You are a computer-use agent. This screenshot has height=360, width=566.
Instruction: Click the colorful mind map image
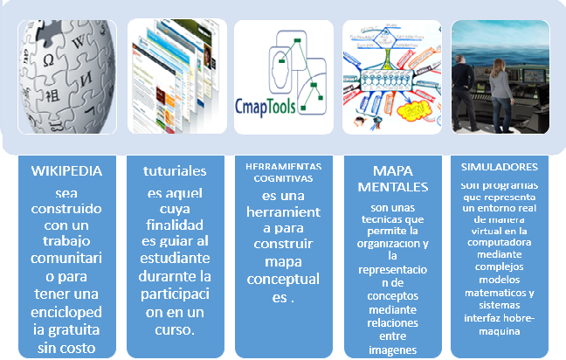point(391,77)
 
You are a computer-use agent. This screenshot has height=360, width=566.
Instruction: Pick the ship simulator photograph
point(500,77)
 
